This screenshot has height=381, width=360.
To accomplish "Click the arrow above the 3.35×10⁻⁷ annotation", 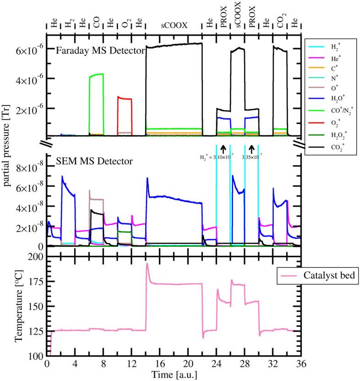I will [x=251, y=148].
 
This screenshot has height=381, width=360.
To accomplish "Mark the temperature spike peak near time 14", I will [x=147, y=264].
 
